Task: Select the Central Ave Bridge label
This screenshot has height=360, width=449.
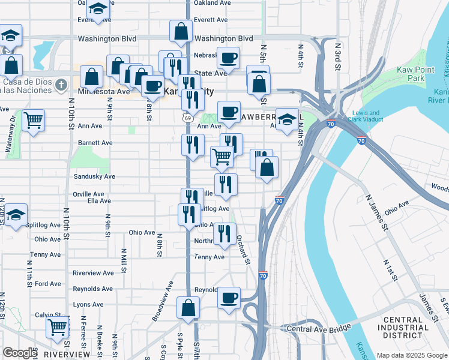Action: click(318, 328)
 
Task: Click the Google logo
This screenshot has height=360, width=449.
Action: click(19, 353)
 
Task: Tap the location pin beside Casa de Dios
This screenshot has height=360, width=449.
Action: click(60, 85)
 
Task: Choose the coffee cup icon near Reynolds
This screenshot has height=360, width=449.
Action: click(229, 297)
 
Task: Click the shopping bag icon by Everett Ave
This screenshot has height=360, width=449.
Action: click(181, 31)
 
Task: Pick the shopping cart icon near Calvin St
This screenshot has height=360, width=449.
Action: click(58, 327)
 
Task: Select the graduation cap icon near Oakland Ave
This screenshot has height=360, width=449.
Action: click(97, 9)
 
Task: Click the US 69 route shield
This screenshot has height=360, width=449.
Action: click(188, 118)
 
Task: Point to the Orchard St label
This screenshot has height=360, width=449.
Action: click(243, 248)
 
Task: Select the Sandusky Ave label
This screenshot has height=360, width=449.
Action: click(94, 176)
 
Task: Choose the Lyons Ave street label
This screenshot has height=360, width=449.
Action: click(88, 305)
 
